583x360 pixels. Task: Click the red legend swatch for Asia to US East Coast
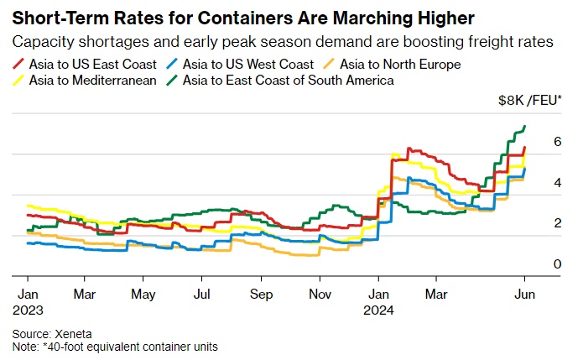(x=20, y=63)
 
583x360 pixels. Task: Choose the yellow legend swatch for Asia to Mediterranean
(x=20, y=80)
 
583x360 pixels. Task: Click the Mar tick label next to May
(x=85, y=295)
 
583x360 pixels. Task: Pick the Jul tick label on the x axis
(x=201, y=295)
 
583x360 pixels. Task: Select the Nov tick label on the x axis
(x=318, y=295)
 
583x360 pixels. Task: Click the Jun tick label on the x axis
(x=524, y=295)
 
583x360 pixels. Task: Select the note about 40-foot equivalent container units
(x=115, y=346)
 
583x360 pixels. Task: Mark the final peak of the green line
(x=524, y=127)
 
